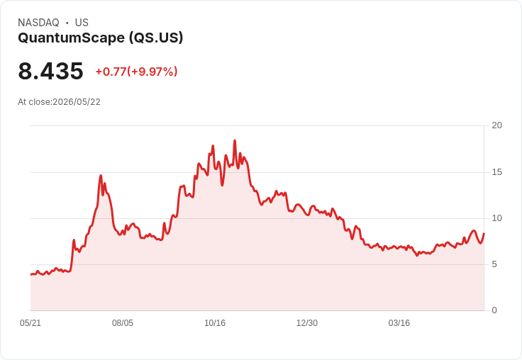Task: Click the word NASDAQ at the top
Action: [38, 23]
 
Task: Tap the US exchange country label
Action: [82, 23]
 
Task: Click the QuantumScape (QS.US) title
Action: [101, 38]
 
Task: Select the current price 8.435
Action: [50, 71]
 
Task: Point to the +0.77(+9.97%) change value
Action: [136, 72]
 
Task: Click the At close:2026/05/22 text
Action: [60, 102]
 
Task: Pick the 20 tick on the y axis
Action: [496, 125]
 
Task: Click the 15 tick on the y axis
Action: [496, 172]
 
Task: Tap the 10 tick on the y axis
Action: [496, 218]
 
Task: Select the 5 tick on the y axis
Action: [494, 264]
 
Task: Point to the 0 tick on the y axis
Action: [494, 310]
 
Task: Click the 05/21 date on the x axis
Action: [30, 322]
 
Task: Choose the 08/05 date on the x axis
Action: [123, 322]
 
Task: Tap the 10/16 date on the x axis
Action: [215, 322]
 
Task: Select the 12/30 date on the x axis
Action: [307, 322]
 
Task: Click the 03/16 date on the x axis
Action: [399, 322]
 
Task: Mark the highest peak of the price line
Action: [235, 141]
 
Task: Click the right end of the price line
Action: [484, 234]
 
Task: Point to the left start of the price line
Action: [31, 274]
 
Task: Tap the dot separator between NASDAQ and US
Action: [67, 23]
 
